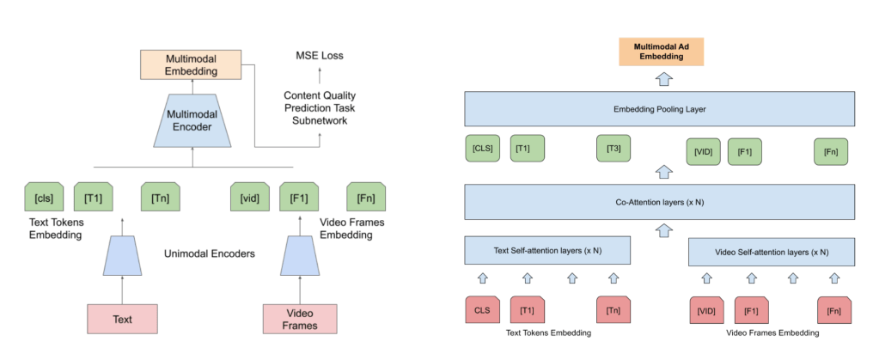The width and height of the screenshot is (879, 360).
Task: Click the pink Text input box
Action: tap(122, 318)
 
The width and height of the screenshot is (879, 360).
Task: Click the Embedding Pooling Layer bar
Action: tap(660, 109)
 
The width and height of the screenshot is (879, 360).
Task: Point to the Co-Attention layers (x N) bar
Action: tap(660, 201)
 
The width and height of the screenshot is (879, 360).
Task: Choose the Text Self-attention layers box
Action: tap(547, 251)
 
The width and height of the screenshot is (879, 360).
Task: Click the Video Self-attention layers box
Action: tap(772, 253)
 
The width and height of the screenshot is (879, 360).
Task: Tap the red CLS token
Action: tap(481, 309)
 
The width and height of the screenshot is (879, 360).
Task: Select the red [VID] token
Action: tap(707, 309)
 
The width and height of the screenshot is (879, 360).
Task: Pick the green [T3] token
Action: tap(613, 149)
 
